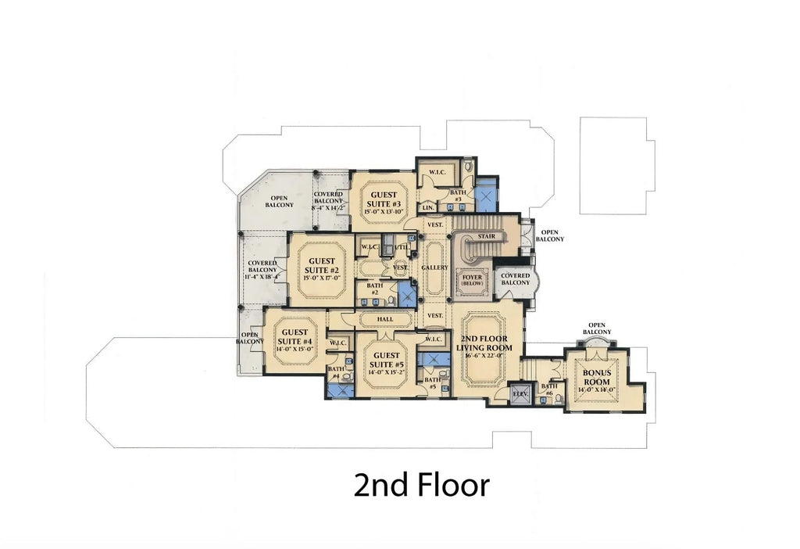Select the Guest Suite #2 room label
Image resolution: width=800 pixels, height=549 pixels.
point(321,266)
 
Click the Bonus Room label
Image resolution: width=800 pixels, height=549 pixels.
point(596,377)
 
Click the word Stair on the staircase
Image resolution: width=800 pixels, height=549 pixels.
point(486,235)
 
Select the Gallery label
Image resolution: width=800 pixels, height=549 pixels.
point(434,267)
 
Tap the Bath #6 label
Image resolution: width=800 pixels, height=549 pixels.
point(549,389)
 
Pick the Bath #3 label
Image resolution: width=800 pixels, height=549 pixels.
point(458,196)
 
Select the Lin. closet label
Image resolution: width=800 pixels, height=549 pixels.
point(428,207)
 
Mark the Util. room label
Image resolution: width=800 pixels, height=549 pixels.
point(402,247)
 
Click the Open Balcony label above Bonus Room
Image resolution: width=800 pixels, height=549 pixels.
point(598,328)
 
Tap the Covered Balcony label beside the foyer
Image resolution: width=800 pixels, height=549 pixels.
point(515,279)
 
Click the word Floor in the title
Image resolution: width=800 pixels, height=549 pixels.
point(450,485)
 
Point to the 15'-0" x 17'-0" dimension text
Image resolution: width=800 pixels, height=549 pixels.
point(321,278)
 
